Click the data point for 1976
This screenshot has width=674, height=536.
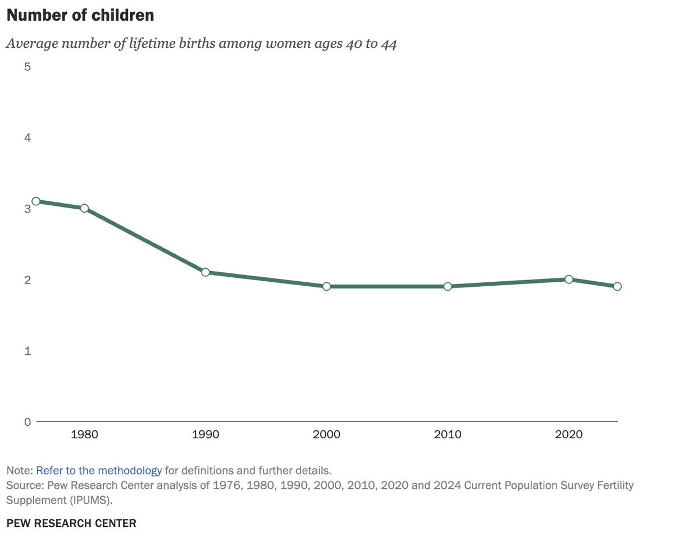[36, 201]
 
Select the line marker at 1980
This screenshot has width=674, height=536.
[84, 208]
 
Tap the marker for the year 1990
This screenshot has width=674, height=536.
[206, 272]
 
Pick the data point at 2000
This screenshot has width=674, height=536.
[326, 286]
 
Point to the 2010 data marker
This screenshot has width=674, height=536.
[448, 286]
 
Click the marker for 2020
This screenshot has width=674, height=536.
[569, 279]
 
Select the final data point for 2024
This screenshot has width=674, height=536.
[617, 286]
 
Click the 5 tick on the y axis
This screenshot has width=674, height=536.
[27, 66]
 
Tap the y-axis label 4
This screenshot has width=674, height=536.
[27, 138]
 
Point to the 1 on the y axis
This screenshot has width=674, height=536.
[27, 350]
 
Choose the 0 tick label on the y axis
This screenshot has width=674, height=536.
[27, 422]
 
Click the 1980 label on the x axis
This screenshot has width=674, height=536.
[84, 435]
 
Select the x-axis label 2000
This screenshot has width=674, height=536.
[326, 435]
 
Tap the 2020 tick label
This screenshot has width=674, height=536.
[569, 435]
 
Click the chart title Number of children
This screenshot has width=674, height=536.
[80, 15]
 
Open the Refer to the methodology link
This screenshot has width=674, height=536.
[99, 470]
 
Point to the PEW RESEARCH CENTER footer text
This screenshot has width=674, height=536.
[71, 523]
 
